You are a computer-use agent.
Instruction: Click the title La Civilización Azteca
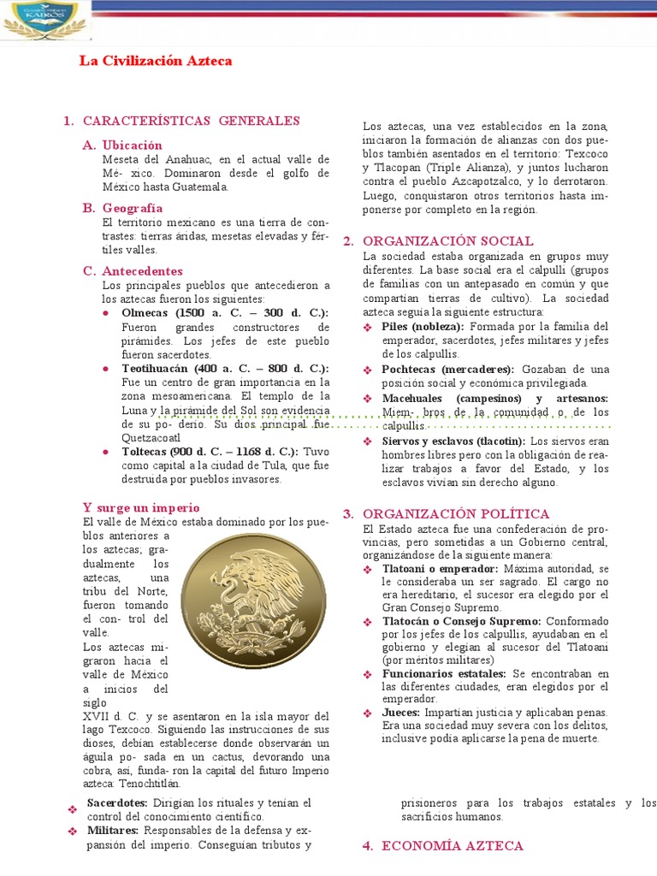[155, 62]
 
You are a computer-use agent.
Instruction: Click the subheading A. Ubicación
[132, 145]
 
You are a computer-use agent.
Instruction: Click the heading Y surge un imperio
[141, 507]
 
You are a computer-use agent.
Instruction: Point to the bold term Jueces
[400, 712]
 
